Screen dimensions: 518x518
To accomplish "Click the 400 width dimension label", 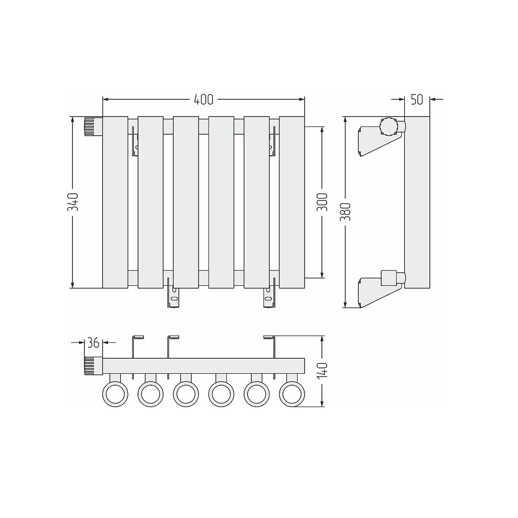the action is click(x=203, y=99).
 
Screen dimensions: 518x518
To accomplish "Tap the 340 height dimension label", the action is click(x=73, y=202).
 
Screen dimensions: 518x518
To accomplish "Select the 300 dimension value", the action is click(x=322, y=202).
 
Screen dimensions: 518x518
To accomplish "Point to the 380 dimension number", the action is click(x=345, y=212).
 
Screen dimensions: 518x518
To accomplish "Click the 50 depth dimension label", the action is click(x=417, y=99).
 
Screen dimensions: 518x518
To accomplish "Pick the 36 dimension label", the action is click(x=93, y=343).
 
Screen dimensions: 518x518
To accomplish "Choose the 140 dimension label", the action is click(x=322, y=371).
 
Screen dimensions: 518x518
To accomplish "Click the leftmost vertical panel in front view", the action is click(x=115, y=202).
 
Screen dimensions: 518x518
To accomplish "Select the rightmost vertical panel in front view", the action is click(x=292, y=202).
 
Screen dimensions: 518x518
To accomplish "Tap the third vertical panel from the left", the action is click(x=186, y=202).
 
